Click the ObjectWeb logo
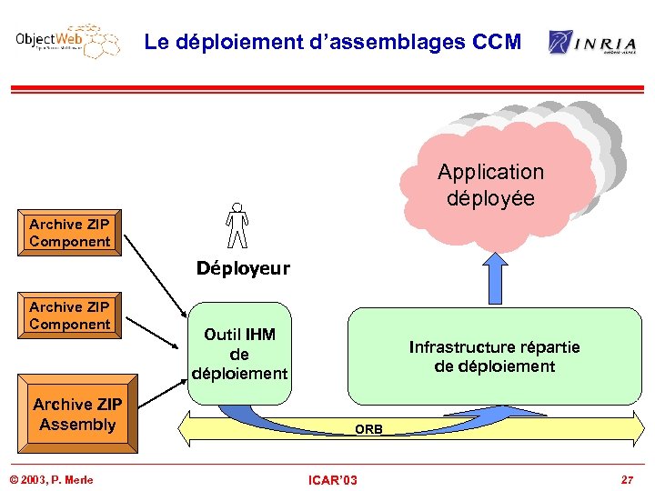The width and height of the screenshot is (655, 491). point(65,41)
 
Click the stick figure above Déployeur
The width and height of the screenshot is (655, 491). point(237,225)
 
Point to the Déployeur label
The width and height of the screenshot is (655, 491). point(243,268)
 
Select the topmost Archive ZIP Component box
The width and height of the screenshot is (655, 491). point(69,233)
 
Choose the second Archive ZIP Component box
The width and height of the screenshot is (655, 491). point(69,316)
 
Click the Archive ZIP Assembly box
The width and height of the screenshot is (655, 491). point(77,415)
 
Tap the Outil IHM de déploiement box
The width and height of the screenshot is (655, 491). point(239,355)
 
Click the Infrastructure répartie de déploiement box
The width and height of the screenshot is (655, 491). point(494,356)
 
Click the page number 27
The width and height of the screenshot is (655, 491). point(627,479)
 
